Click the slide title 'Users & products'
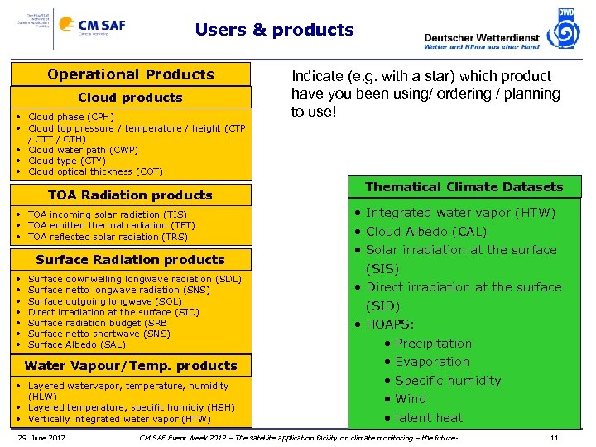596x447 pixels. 274,31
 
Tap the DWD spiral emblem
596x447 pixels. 565,30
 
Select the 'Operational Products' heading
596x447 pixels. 131,74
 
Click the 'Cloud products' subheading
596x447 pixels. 130,98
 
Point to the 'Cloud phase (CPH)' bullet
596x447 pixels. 71,118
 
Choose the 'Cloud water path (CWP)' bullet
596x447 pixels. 83,150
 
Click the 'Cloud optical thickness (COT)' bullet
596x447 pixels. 96,171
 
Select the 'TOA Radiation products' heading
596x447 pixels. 130,195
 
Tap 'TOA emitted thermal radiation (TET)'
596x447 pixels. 112,225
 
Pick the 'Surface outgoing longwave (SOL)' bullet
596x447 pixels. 105,301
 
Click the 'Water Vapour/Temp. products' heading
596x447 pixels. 131,366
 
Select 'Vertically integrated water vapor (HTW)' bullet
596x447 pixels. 119,418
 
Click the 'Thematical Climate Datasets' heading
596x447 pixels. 464,187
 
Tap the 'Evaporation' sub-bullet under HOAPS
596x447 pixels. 432,362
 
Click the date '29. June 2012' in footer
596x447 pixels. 43,437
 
